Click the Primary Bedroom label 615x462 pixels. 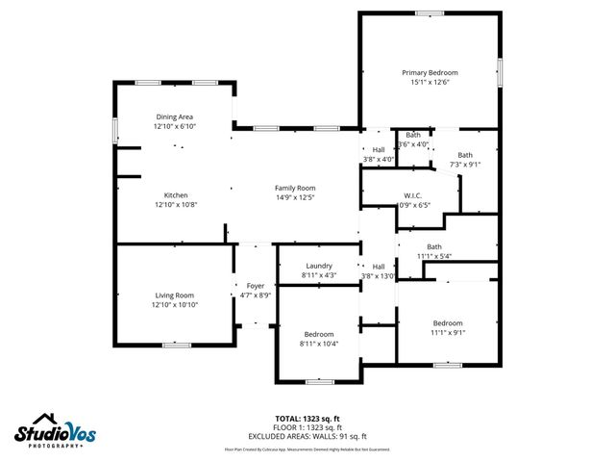coord(430,73)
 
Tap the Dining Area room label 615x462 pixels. coord(174,117)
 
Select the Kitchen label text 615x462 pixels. coord(176,195)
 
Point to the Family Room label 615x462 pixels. coord(295,188)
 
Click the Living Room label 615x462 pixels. coord(175,295)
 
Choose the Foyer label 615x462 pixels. coord(255,286)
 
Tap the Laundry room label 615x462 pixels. coord(319,266)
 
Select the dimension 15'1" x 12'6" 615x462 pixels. coord(430,83)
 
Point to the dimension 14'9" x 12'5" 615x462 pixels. coord(295,197)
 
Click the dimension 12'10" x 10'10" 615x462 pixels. coord(175,305)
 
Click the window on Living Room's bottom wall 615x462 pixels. coord(176,345)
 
